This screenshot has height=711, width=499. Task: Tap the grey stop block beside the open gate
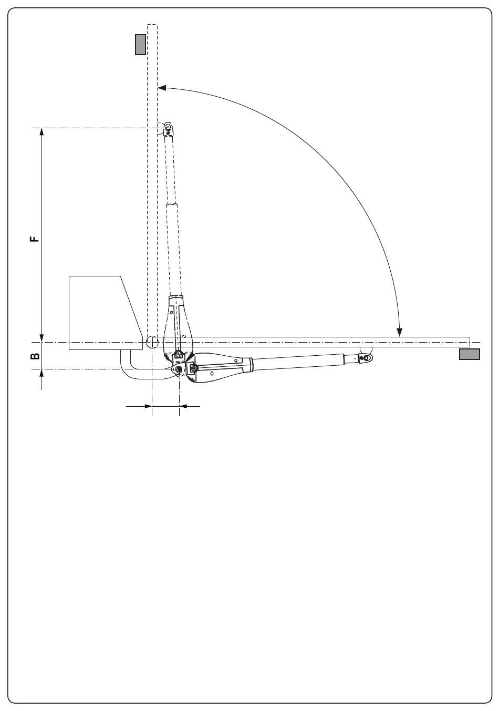[141, 45]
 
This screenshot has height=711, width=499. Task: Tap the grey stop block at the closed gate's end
[469, 354]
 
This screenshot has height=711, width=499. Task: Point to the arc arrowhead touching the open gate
[161, 87]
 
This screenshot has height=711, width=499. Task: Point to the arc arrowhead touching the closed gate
[400, 333]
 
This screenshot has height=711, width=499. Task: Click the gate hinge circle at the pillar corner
[152, 342]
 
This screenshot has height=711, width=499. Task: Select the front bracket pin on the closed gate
[367, 358]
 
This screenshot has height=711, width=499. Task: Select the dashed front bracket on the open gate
[168, 129]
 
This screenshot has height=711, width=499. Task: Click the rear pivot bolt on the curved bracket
[179, 369]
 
